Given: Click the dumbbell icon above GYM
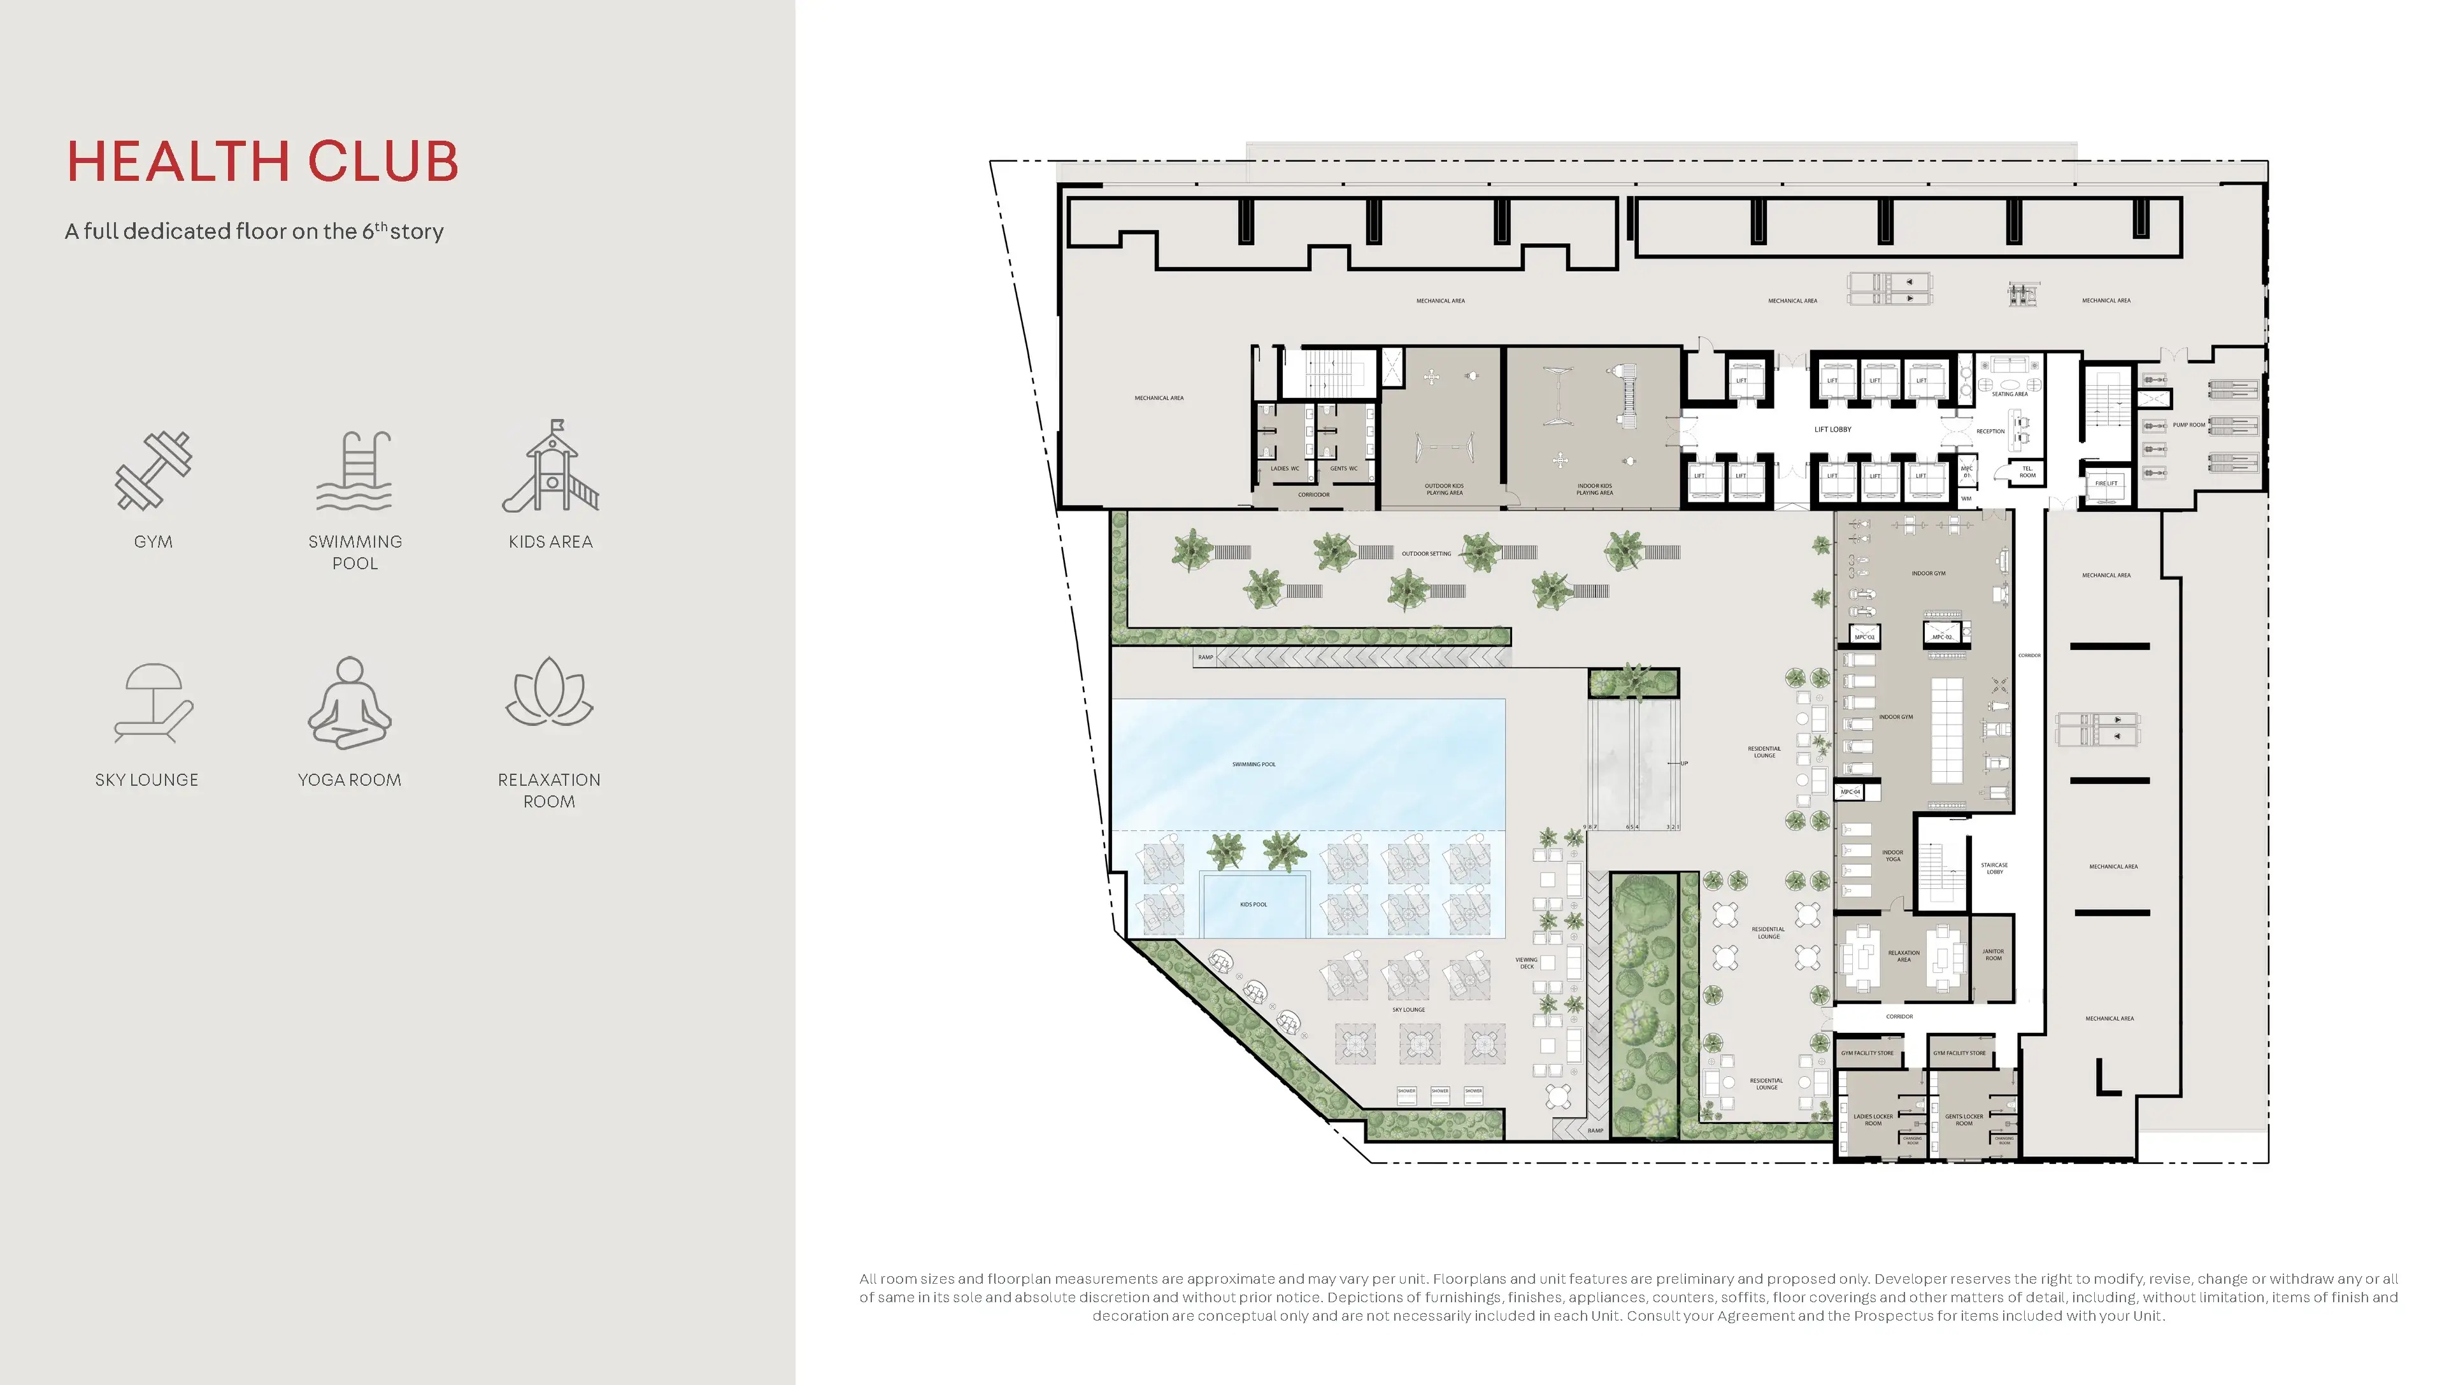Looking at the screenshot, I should (153, 471).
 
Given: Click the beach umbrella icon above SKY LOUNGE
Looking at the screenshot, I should (153, 704).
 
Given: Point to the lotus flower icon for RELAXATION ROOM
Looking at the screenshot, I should (549, 692).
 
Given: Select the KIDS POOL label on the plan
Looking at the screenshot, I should (1253, 904).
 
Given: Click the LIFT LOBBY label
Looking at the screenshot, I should (1833, 429).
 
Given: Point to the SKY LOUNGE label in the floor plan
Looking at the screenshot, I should (1408, 1009).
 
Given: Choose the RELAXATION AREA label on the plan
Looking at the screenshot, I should (1904, 956).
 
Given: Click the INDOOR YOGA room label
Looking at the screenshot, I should (1892, 855).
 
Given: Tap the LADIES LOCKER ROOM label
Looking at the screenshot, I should (1873, 1119).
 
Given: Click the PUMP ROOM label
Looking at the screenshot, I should (2188, 424).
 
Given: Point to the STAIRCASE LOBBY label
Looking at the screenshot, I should (1994, 868).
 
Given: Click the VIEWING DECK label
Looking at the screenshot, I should (1526, 963).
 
